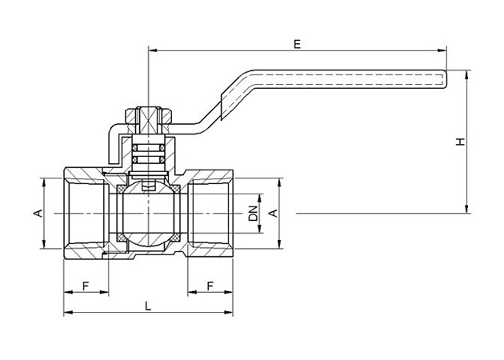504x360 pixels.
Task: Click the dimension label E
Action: click(298, 44)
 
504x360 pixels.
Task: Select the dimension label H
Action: click(461, 142)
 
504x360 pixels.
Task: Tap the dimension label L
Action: click(148, 306)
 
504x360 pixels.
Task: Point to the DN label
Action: click(254, 213)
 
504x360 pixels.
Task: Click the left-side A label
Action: click(38, 213)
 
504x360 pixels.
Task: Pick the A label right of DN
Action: click(273, 213)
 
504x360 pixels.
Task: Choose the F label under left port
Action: click(86, 286)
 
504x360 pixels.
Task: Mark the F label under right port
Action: click(210, 286)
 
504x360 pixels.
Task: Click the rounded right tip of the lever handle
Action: click(446, 79)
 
